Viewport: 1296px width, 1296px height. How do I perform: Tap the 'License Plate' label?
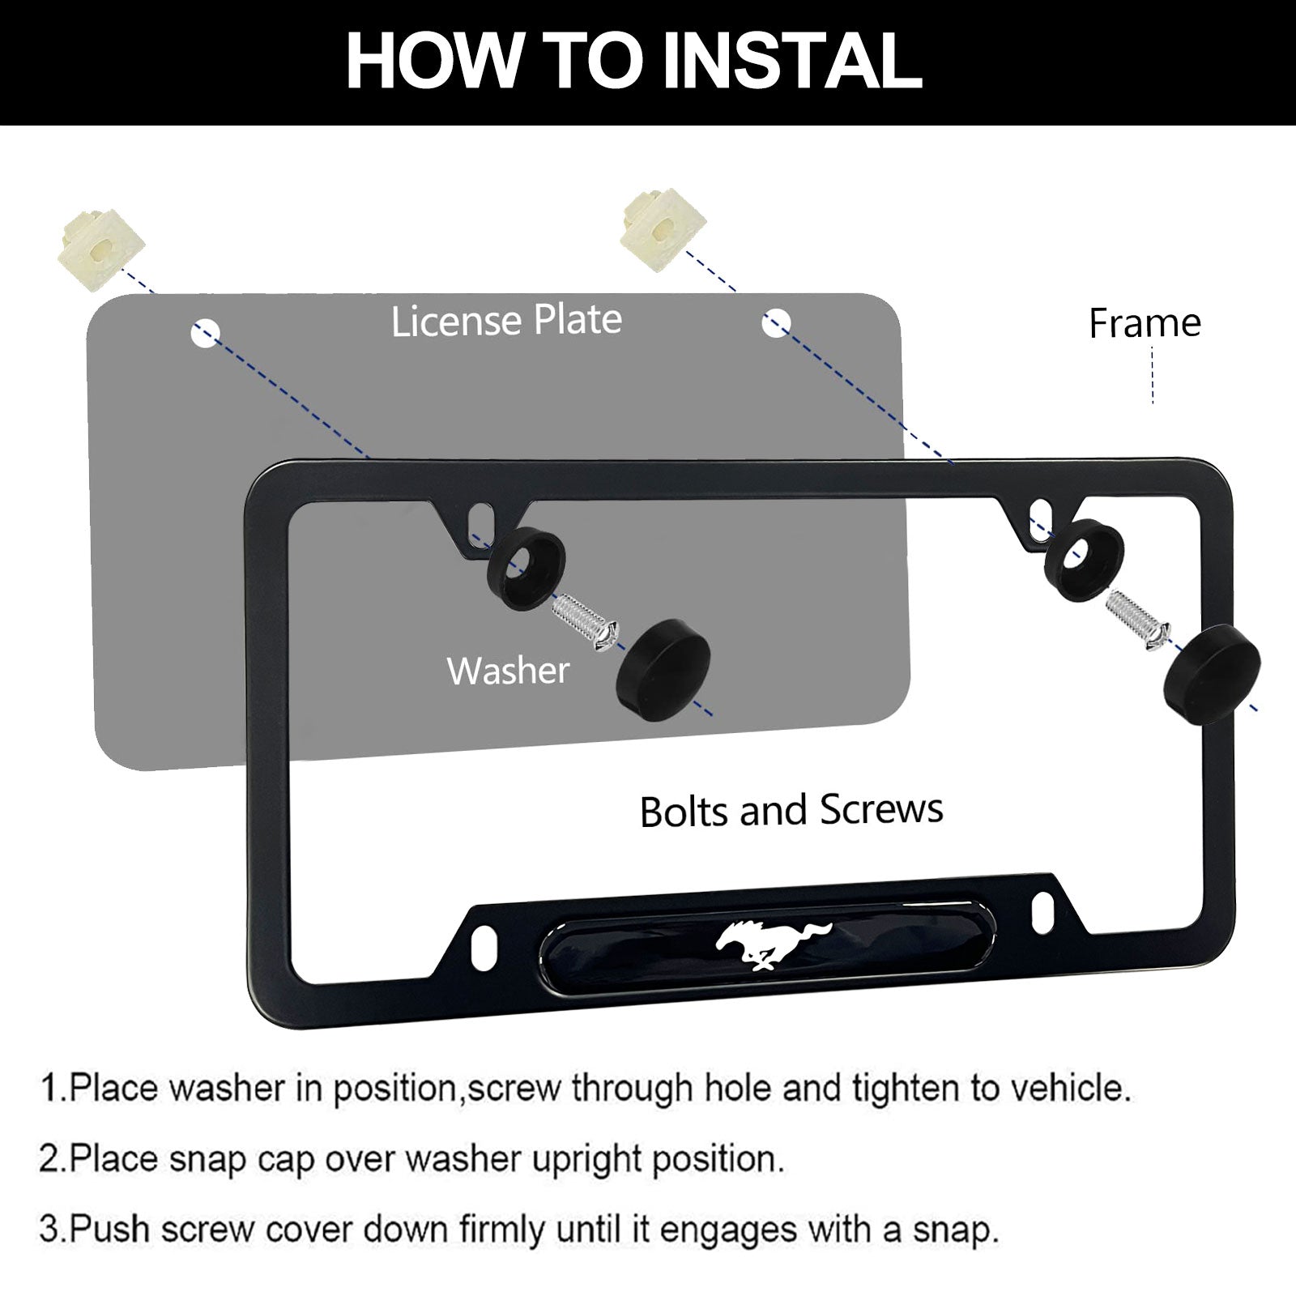click(506, 321)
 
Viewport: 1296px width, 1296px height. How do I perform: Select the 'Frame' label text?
click(1145, 322)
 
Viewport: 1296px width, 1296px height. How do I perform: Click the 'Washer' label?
click(508, 671)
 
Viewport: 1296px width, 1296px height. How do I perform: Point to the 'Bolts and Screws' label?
click(791, 810)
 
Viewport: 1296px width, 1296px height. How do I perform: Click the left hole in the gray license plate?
click(205, 332)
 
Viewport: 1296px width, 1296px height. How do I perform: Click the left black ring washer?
click(525, 560)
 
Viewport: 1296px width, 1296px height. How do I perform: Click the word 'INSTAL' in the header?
click(791, 62)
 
